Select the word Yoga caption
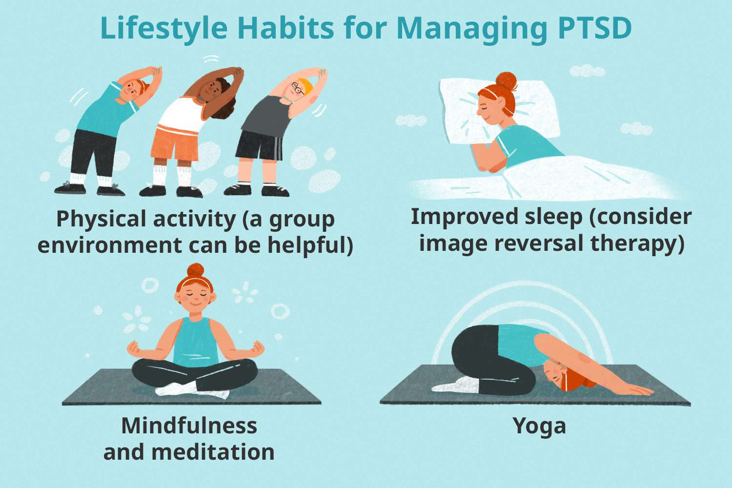pos(539,426)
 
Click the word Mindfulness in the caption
pos(189,426)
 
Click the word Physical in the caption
pos(101,219)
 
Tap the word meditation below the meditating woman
pos(213,452)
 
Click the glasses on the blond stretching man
pos(297,88)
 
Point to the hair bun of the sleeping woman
pos(506,81)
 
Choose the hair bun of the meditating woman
pos(196,270)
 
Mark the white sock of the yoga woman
pos(456,386)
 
